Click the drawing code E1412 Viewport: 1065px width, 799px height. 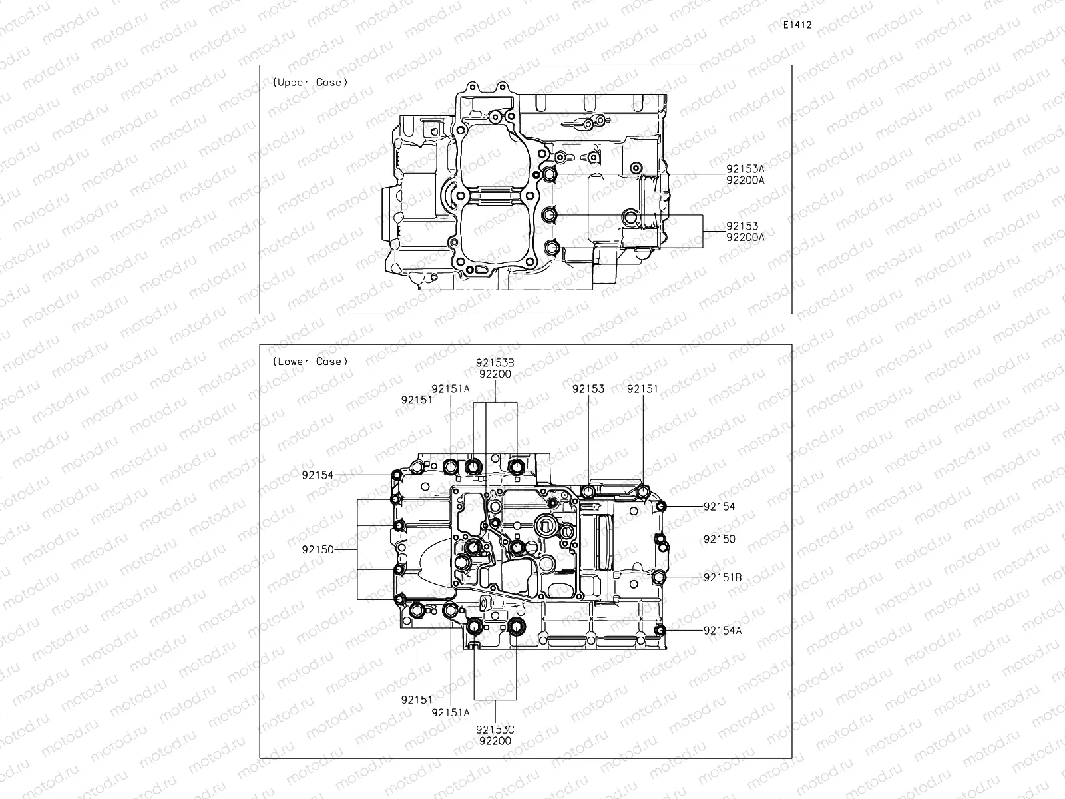[797, 25]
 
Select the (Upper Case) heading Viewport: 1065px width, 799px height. [310, 83]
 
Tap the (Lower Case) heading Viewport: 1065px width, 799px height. [310, 362]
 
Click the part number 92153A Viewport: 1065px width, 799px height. [745, 169]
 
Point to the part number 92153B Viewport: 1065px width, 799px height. [495, 363]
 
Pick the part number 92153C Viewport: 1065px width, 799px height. [495, 730]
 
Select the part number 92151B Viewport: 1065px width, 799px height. [722, 577]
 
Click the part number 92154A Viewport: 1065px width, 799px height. [722, 630]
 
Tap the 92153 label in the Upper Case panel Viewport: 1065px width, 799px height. [742, 226]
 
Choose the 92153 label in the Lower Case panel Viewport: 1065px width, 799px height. [588, 389]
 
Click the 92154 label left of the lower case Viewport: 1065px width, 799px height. [318, 475]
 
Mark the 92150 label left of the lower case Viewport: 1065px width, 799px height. [318, 550]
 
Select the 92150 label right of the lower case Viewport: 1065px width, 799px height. [719, 539]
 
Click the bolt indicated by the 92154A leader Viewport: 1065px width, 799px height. [660, 630]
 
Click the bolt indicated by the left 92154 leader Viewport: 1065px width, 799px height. [397, 475]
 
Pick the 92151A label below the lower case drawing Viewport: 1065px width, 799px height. [450, 712]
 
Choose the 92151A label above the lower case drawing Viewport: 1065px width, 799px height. [450, 389]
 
